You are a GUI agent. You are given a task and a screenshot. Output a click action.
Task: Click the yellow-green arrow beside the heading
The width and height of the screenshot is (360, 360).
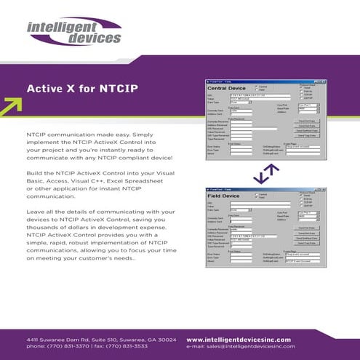pyautogui.click(x=10, y=106)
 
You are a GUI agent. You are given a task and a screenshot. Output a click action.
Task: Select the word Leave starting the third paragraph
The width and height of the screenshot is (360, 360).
pyautogui.click(x=36, y=211)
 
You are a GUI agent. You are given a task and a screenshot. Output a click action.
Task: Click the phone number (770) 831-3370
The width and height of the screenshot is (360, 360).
pyautogui.click(x=71, y=347)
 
